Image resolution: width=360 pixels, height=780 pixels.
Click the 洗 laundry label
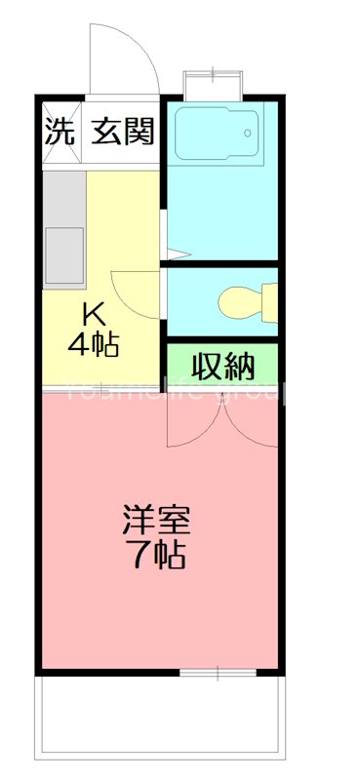[59, 132]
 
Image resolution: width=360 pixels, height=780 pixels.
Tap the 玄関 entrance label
[124, 132]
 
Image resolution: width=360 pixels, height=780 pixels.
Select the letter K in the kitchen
[93, 314]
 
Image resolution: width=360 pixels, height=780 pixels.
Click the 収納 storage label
[222, 367]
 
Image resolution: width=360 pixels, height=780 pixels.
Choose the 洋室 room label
[156, 518]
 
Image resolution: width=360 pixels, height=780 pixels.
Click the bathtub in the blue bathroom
[217, 137]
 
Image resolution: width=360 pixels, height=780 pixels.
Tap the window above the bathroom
[211, 83]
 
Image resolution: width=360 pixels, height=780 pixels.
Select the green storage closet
[222, 367]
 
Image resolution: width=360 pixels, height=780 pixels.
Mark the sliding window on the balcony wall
[219, 673]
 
